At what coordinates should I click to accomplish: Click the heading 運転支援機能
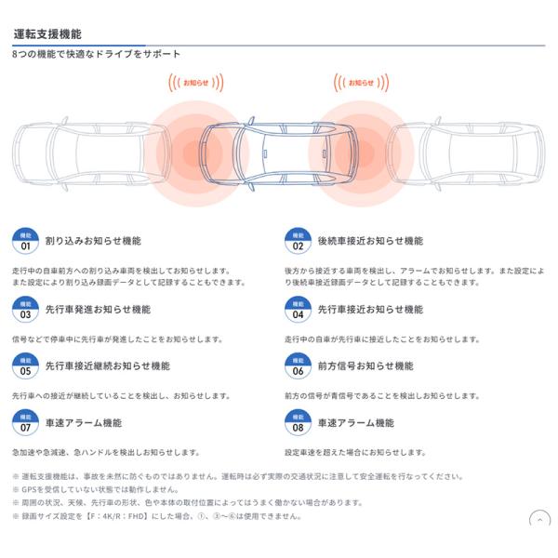pos(47,34)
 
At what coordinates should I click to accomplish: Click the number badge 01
pos(25,241)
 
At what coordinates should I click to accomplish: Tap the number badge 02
pos(298,241)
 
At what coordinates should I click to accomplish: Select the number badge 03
pos(25,310)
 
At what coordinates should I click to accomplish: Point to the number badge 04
pos(298,310)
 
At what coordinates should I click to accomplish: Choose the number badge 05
pos(25,365)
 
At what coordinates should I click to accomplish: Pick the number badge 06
pos(298,365)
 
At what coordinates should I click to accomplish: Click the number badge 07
pos(25,423)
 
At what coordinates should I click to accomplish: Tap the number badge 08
pos(298,423)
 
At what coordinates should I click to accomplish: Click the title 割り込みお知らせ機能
pos(93,241)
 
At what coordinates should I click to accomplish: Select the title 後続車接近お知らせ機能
pos(370,241)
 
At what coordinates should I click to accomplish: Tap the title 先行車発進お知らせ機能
pos(98,310)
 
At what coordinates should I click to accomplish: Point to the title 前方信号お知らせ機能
pos(365,365)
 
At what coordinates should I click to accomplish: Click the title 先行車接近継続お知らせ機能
pos(108,365)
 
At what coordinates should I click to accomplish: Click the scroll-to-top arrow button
pos(539,520)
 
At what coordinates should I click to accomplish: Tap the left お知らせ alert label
pos(195,83)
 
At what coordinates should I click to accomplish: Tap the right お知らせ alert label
pos(361,83)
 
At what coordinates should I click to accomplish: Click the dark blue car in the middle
pos(277,153)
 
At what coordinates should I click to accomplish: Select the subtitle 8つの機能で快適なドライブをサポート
pos(96,54)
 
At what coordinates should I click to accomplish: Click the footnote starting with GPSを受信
pos(96,489)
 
